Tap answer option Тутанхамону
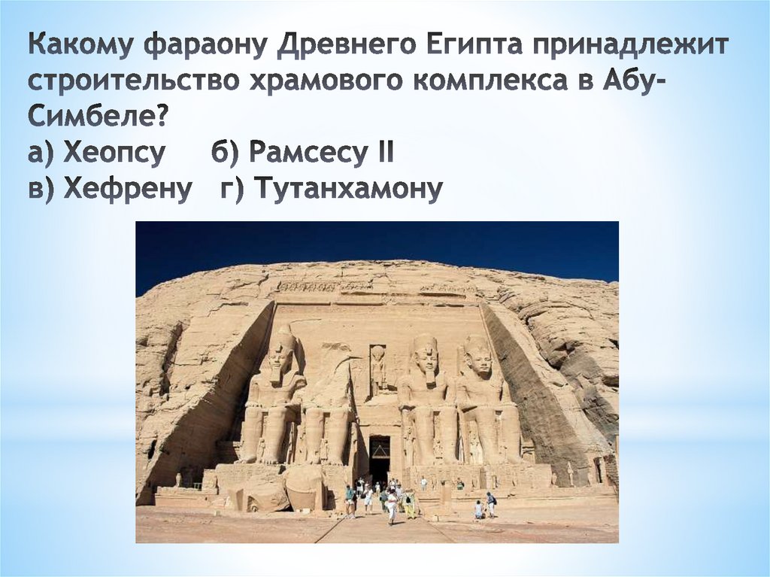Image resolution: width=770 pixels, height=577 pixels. [331, 188]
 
